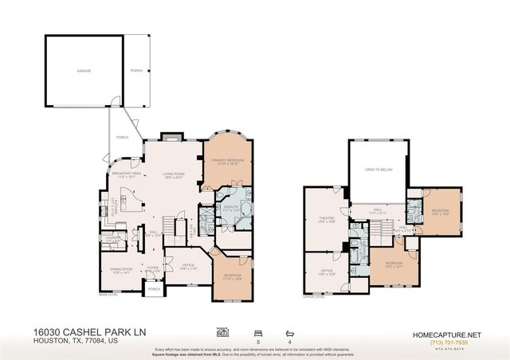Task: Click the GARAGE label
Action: click(x=84, y=71)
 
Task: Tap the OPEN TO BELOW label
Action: click(x=379, y=170)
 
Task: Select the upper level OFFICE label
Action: click(x=327, y=271)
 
